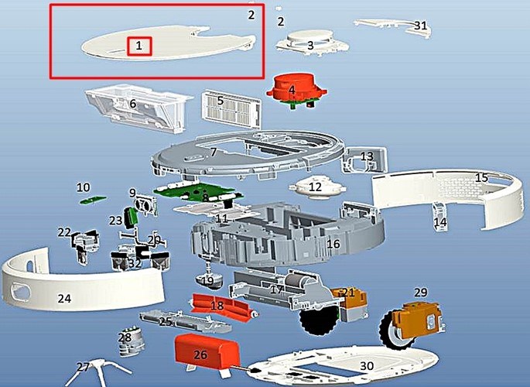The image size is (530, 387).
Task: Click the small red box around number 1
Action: [138, 46]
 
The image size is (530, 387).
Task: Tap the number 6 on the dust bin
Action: [133, 104]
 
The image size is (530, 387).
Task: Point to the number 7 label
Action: [213, 152]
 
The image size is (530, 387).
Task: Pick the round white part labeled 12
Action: [315, 187]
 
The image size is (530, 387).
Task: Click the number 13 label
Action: [367, 157]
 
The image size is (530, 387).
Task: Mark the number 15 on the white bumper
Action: [481, 178]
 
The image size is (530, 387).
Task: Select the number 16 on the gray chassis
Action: [333, 244]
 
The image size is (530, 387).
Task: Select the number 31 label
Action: [420, 26]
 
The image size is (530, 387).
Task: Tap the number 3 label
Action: [310, 46]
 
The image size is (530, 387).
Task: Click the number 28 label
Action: [125, 337]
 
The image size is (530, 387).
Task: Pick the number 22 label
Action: [64, 231]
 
